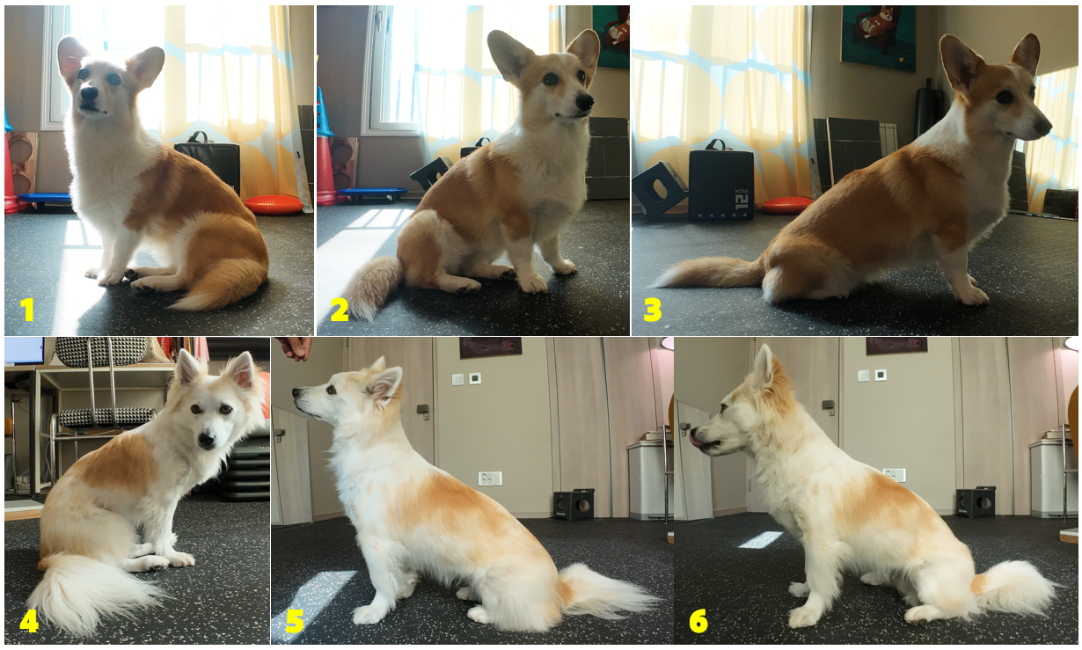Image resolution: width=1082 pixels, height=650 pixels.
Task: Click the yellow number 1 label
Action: pos(27,309)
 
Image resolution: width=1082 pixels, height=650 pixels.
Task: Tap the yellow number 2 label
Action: pos(339,309)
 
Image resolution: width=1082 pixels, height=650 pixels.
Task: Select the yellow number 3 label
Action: pos(653,310)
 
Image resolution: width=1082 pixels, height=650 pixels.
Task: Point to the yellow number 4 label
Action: pos(29,621)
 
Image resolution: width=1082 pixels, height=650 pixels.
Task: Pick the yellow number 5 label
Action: pos(296,621)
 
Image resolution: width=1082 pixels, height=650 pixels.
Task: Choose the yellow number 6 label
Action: pos(698,621)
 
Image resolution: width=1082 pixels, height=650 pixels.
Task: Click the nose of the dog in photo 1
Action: pos(89,93)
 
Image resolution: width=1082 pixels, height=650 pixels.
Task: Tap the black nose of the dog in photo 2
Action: pos(585,101)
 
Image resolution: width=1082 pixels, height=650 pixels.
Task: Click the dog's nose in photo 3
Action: pos(1043,127)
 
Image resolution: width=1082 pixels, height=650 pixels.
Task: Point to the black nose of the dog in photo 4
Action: pos(207,440)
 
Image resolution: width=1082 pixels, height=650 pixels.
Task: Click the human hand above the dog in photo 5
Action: pos(296,347)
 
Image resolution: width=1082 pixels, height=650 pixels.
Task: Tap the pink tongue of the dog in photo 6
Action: pos(695,440)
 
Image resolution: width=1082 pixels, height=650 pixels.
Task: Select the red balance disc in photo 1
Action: pos(274,204)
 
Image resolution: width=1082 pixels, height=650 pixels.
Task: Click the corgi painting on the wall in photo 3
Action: pos(878,38)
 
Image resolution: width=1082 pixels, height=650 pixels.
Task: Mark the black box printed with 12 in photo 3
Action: pos(721,185)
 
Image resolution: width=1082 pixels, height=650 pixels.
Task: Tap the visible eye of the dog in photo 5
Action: pos(332,390)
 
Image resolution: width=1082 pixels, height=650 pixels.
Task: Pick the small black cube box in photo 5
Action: pos(574,505)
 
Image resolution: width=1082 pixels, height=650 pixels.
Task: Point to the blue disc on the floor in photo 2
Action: pos(372,194)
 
